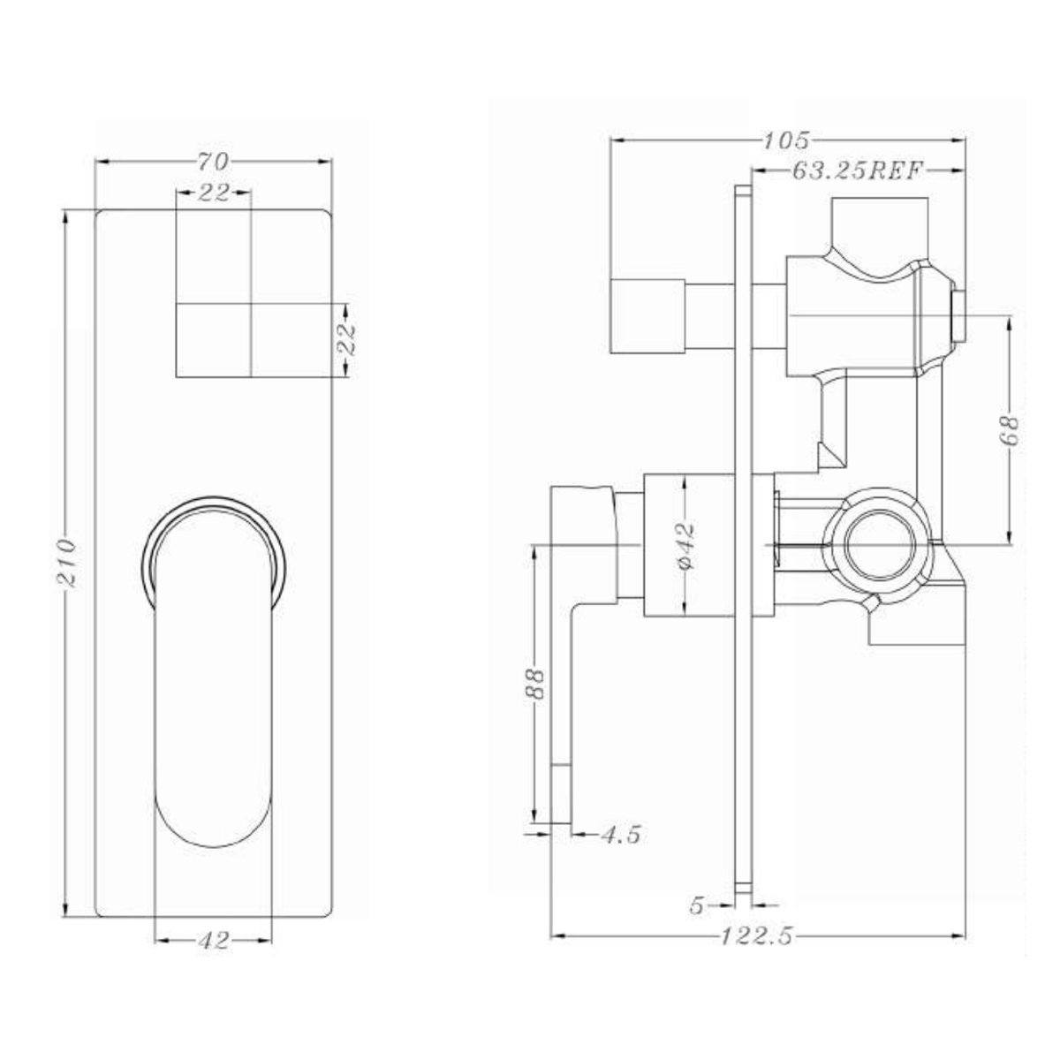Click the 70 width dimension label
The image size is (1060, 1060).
coord(213,162)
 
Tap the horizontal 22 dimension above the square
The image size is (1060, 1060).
coord(213,193)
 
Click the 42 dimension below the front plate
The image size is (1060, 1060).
coord(213,941)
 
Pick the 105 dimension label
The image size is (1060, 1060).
coord(788,140)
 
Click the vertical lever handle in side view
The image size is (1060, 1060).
coord(562,707)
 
